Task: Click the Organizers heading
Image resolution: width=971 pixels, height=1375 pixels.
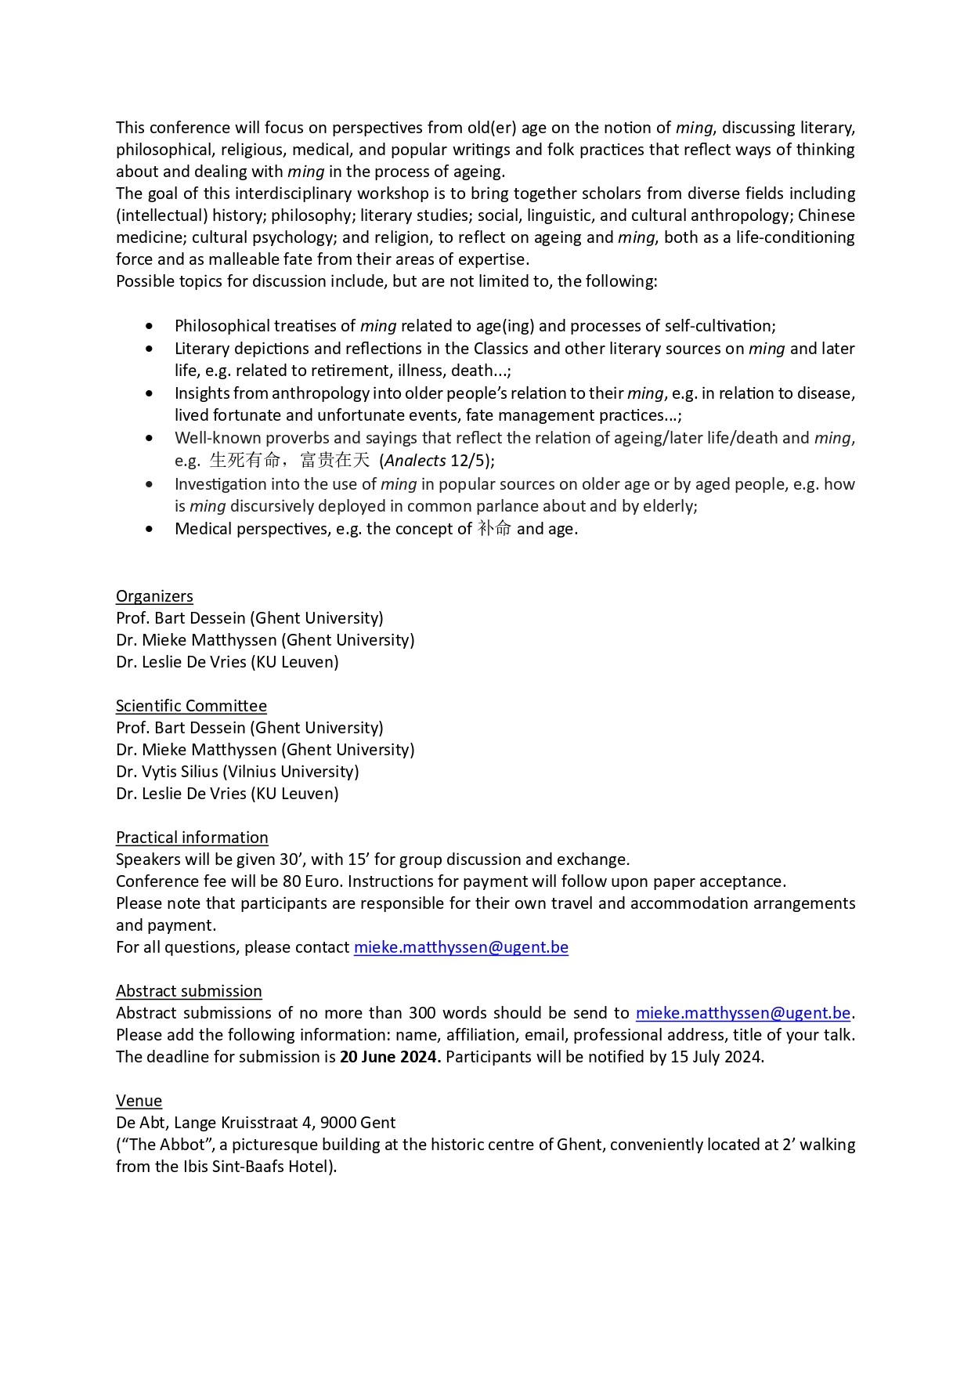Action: coord(154,596)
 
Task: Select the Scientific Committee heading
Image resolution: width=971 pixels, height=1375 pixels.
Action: coord(191,706)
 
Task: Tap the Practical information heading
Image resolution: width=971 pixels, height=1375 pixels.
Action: coord(192,838)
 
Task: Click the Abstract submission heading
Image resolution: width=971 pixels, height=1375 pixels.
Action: coord(189,991)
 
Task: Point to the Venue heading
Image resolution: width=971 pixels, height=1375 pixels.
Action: coord(139,1101)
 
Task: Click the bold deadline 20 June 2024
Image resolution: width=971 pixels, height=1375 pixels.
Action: coord(389,1057)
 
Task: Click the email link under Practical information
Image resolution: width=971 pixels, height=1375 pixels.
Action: coord(460,947)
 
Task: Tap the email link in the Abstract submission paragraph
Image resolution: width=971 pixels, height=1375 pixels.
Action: coord(742,1013)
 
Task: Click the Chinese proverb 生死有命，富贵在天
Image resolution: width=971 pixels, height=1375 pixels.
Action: coord(290,461)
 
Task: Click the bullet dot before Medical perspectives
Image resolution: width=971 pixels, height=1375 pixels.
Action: coord(150,530)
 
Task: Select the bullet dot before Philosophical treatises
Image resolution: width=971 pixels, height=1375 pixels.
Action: coord(150,326)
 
